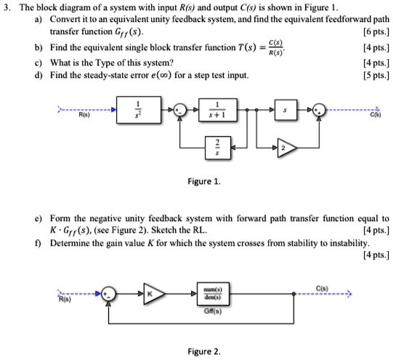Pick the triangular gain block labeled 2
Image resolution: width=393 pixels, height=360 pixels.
[x=284, y=148]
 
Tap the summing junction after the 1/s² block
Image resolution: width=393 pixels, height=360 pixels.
[x=174, y=111]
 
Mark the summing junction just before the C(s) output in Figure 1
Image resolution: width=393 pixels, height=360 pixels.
[x=318, y=111]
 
